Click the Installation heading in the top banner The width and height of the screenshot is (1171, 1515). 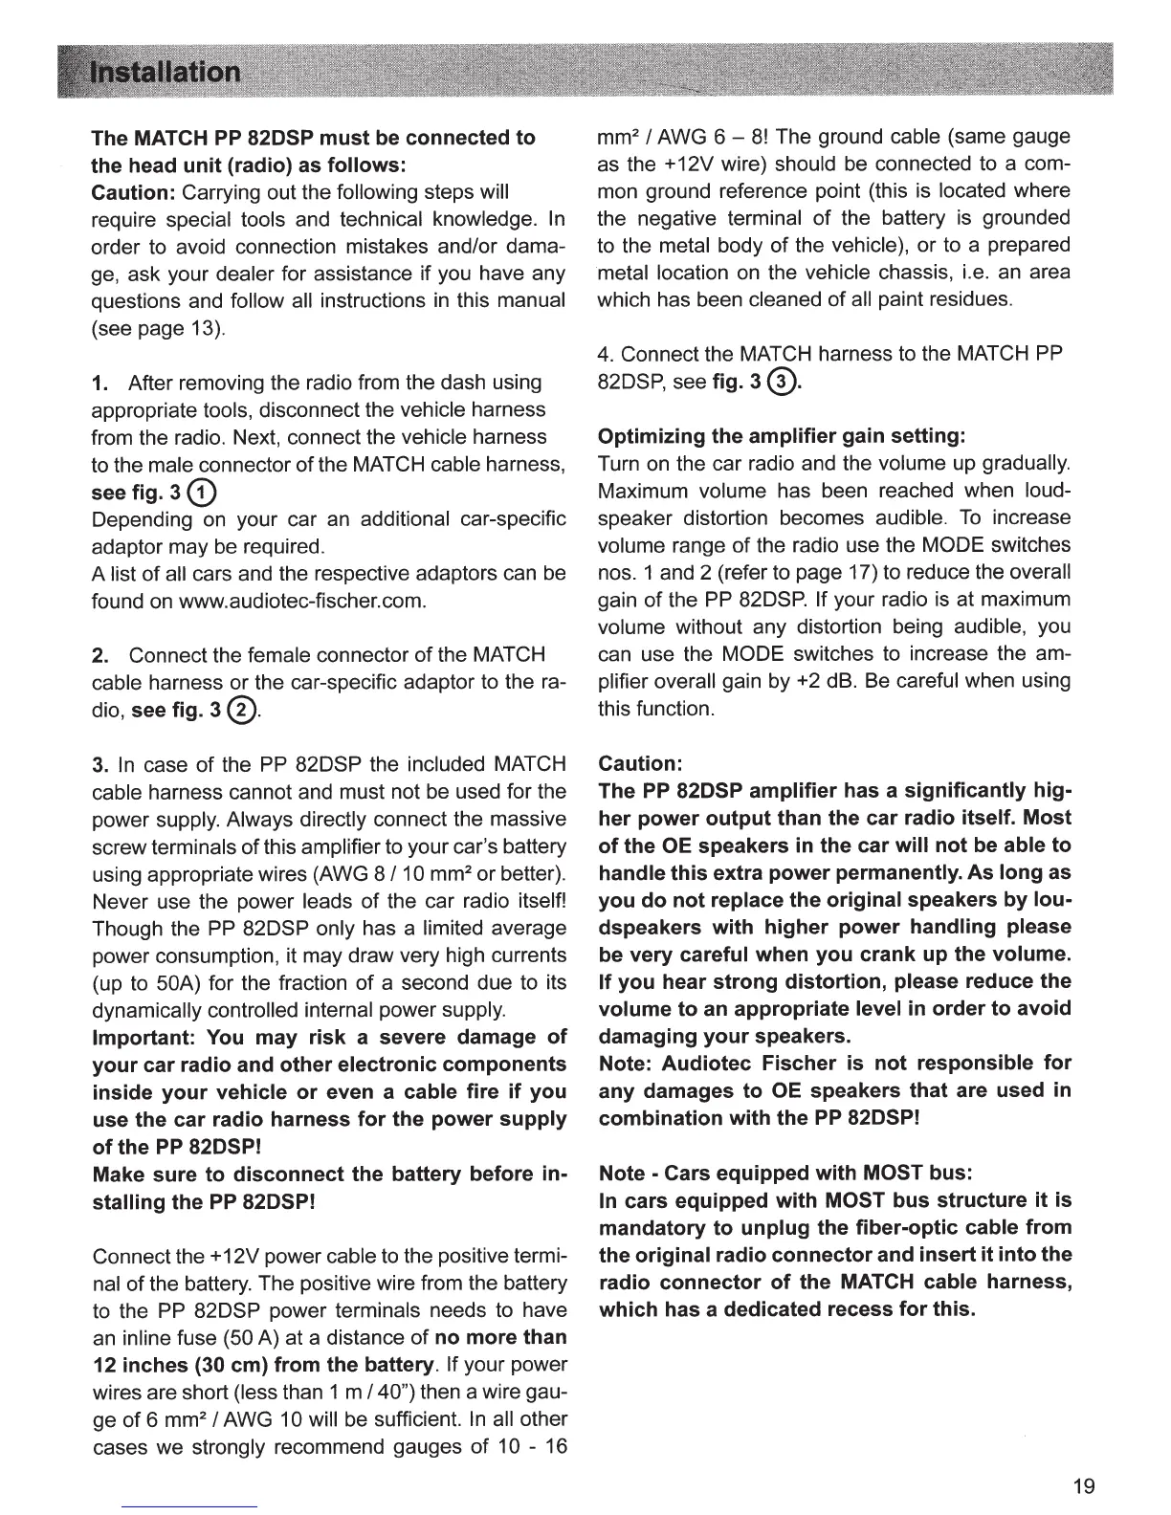(x=165, y=74)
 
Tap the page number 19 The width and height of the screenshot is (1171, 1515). (x=1083, y=1485)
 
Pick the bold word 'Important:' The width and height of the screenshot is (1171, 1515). (x=144, y=1037)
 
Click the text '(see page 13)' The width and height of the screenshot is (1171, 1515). (x=159, y=329)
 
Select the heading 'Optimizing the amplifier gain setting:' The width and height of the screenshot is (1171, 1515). (x=783, y=437)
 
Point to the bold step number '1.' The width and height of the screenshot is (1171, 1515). (x=99, y=384)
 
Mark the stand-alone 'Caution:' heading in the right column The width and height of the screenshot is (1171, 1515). (x=639, y=764)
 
